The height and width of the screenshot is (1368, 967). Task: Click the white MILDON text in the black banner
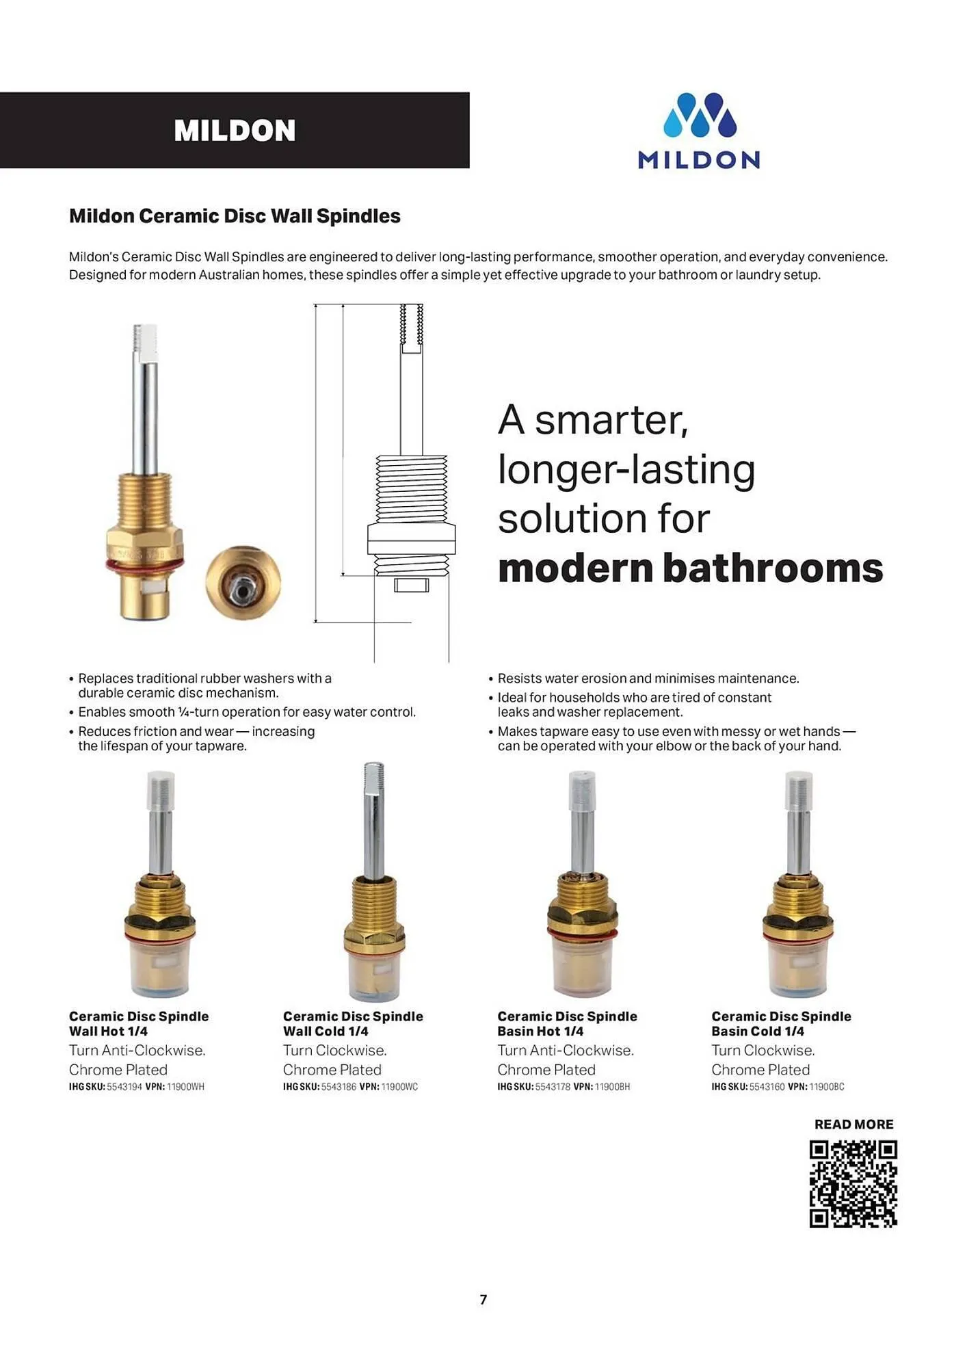click(235, 131)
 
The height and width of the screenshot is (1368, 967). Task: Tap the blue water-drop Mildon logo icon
click(699, 115)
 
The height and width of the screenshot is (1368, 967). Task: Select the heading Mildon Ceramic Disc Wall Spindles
click(235, 216)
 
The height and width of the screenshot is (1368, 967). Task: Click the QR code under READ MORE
click(853, 1184)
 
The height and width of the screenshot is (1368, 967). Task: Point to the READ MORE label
click(853, 1124)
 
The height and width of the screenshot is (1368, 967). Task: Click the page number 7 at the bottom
click(483, 1300)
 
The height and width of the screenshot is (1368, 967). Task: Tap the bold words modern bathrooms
click(690, 568)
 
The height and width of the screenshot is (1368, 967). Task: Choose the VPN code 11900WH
click(185, 1087)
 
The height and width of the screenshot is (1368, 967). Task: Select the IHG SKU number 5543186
click(339, 1087)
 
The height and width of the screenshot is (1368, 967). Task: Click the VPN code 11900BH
click(612, 1087)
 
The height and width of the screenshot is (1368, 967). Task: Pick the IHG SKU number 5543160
click(767, 1087)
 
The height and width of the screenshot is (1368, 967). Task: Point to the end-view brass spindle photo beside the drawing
click(243, 583)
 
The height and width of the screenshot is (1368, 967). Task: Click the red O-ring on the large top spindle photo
click(144, 566)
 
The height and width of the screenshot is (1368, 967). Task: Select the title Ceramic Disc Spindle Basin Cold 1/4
click(781, 1024)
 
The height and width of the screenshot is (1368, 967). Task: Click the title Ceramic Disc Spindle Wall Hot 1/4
click(139, 1024)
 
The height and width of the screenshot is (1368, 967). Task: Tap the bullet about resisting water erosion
click(648, 679)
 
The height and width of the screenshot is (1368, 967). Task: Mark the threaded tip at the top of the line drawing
click(411, 324)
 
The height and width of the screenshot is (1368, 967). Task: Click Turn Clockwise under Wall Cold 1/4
click(335, 1050)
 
